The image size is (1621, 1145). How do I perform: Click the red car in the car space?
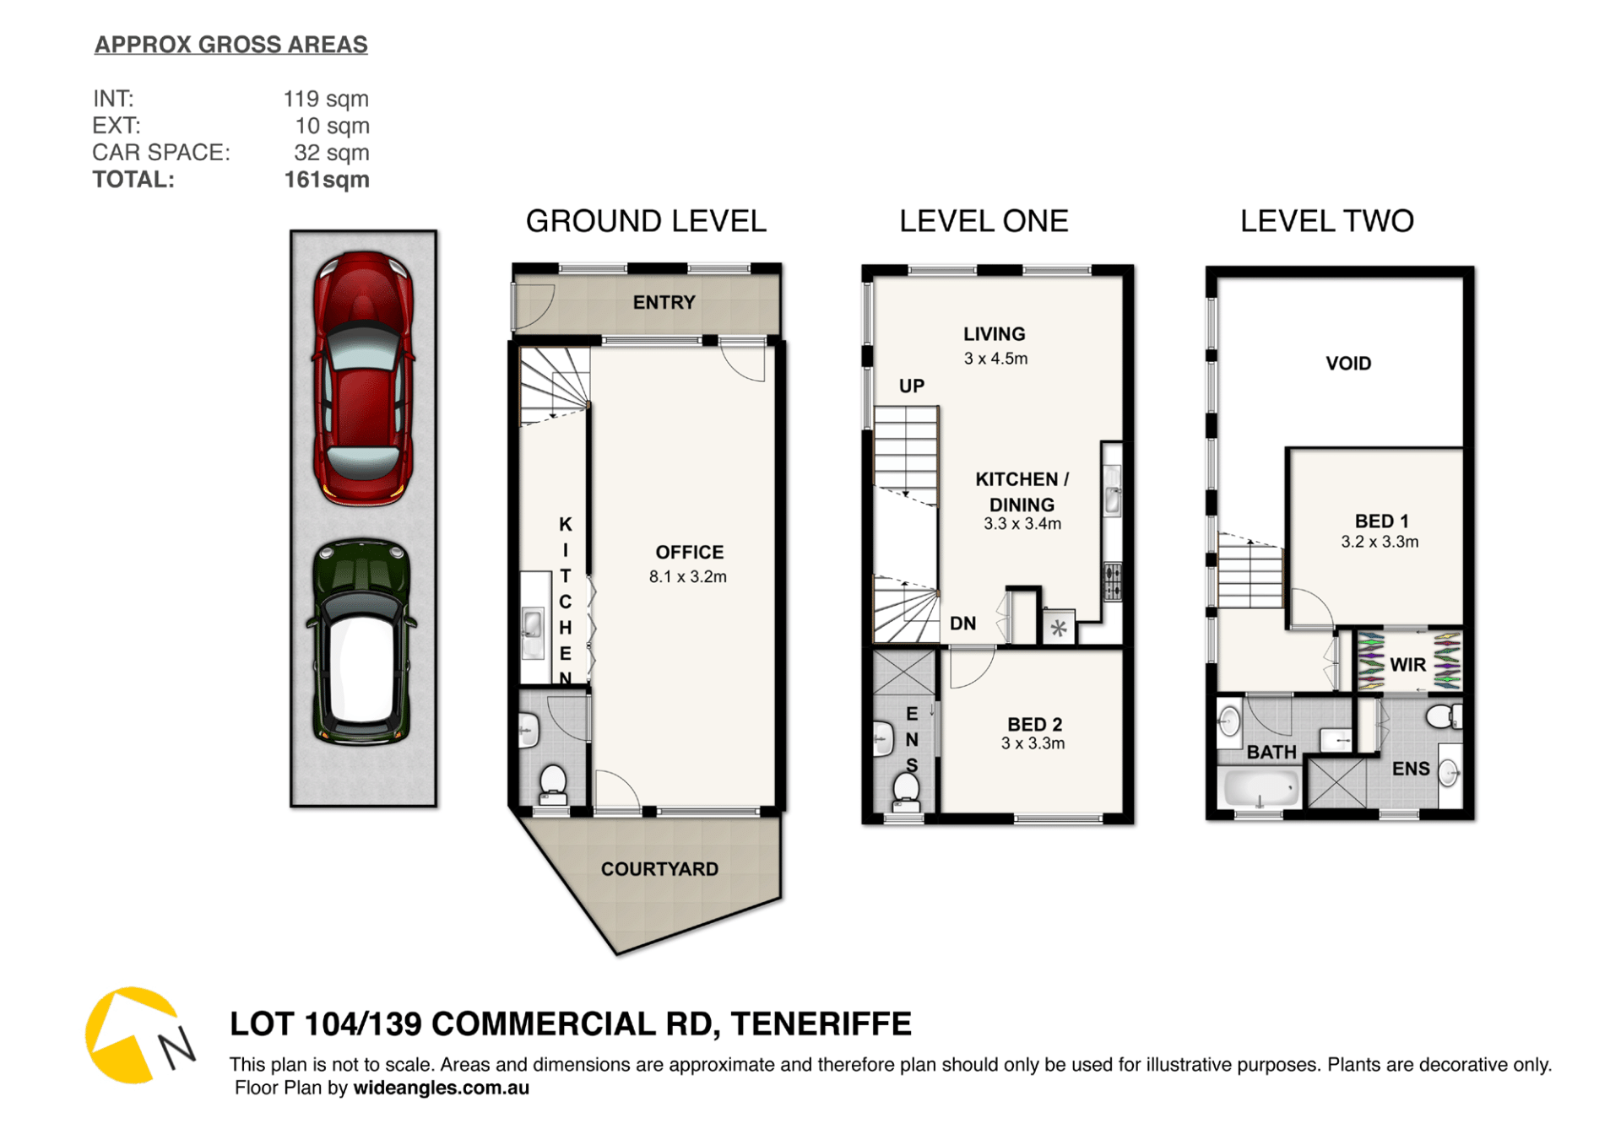[363, 378]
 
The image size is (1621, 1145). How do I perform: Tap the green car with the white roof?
[361, 642]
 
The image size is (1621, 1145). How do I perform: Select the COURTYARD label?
[659, 869]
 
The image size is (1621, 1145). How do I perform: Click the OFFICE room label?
[689, 552]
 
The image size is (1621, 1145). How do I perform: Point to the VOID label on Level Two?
[1348, 364]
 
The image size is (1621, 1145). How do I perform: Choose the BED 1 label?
[1381, 521]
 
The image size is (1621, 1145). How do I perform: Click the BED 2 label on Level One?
[1034, 724]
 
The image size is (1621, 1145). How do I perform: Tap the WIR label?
[1407, 665]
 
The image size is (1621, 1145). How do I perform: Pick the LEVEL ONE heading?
[984, 221]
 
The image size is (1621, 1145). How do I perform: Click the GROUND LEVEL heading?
[646, 221]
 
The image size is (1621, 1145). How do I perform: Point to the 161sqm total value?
[327, 180]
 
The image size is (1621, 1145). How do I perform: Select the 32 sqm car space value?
[332, 153]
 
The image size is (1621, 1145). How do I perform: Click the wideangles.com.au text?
[442, 1088]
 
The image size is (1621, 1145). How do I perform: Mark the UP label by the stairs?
[912, 386]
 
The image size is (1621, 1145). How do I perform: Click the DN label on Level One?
[963, 624]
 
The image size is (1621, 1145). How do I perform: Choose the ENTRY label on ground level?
[664, 302]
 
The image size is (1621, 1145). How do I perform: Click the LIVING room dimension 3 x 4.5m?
[996, 359]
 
